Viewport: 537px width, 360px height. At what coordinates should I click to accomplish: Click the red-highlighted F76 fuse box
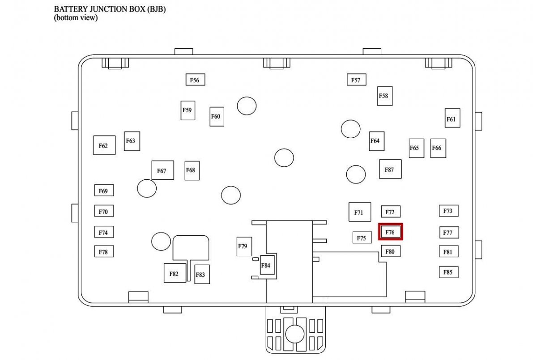pyautogui.click(x=391, y=232)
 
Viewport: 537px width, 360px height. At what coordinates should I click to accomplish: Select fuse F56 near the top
pyautogui.click(x=195, y=80)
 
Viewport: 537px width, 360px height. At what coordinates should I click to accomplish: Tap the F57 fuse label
pyautogui.click(x=356, y=80)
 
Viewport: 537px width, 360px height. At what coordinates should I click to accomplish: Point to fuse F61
pyautogui.click(x=452, y=119)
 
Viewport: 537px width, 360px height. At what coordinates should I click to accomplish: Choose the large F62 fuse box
pyautogui.click(x=104, y=145)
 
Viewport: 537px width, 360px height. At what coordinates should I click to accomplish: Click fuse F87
pyautogui.click(x=390, y=169)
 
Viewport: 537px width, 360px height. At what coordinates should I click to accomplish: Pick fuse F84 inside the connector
pyautogui.click(x=266, y=265)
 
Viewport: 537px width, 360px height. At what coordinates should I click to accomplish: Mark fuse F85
pyautogui.click(x=448, y=271)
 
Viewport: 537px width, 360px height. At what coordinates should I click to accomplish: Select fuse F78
pyautogui.click(x=103, y=252)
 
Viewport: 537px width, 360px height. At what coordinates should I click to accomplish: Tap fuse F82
pyautogui.click(x=175, y=273)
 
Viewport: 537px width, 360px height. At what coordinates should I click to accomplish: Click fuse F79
pyautogui.click(x=244, y=246)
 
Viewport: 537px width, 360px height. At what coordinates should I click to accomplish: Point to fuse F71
pyautogui.click(x=359, y=212)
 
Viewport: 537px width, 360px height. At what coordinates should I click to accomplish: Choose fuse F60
pyautogui.click(x=217, y=117)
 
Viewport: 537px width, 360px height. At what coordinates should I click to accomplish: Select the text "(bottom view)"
pyautogui.click(x=76, y=18)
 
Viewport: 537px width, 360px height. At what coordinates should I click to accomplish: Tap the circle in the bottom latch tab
pyautogui.click(x=295, y=334)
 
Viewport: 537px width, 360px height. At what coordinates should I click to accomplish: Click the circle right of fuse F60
pyautogui.click(x=247, y=106)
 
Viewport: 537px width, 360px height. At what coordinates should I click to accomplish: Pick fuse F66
pyautogui.click(x=438, y=148)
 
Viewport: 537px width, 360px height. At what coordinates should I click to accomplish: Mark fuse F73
pyautogui.click(x=448, y=211)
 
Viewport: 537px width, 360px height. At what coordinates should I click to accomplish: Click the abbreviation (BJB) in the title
pyautogui.click(x=156, y=9)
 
